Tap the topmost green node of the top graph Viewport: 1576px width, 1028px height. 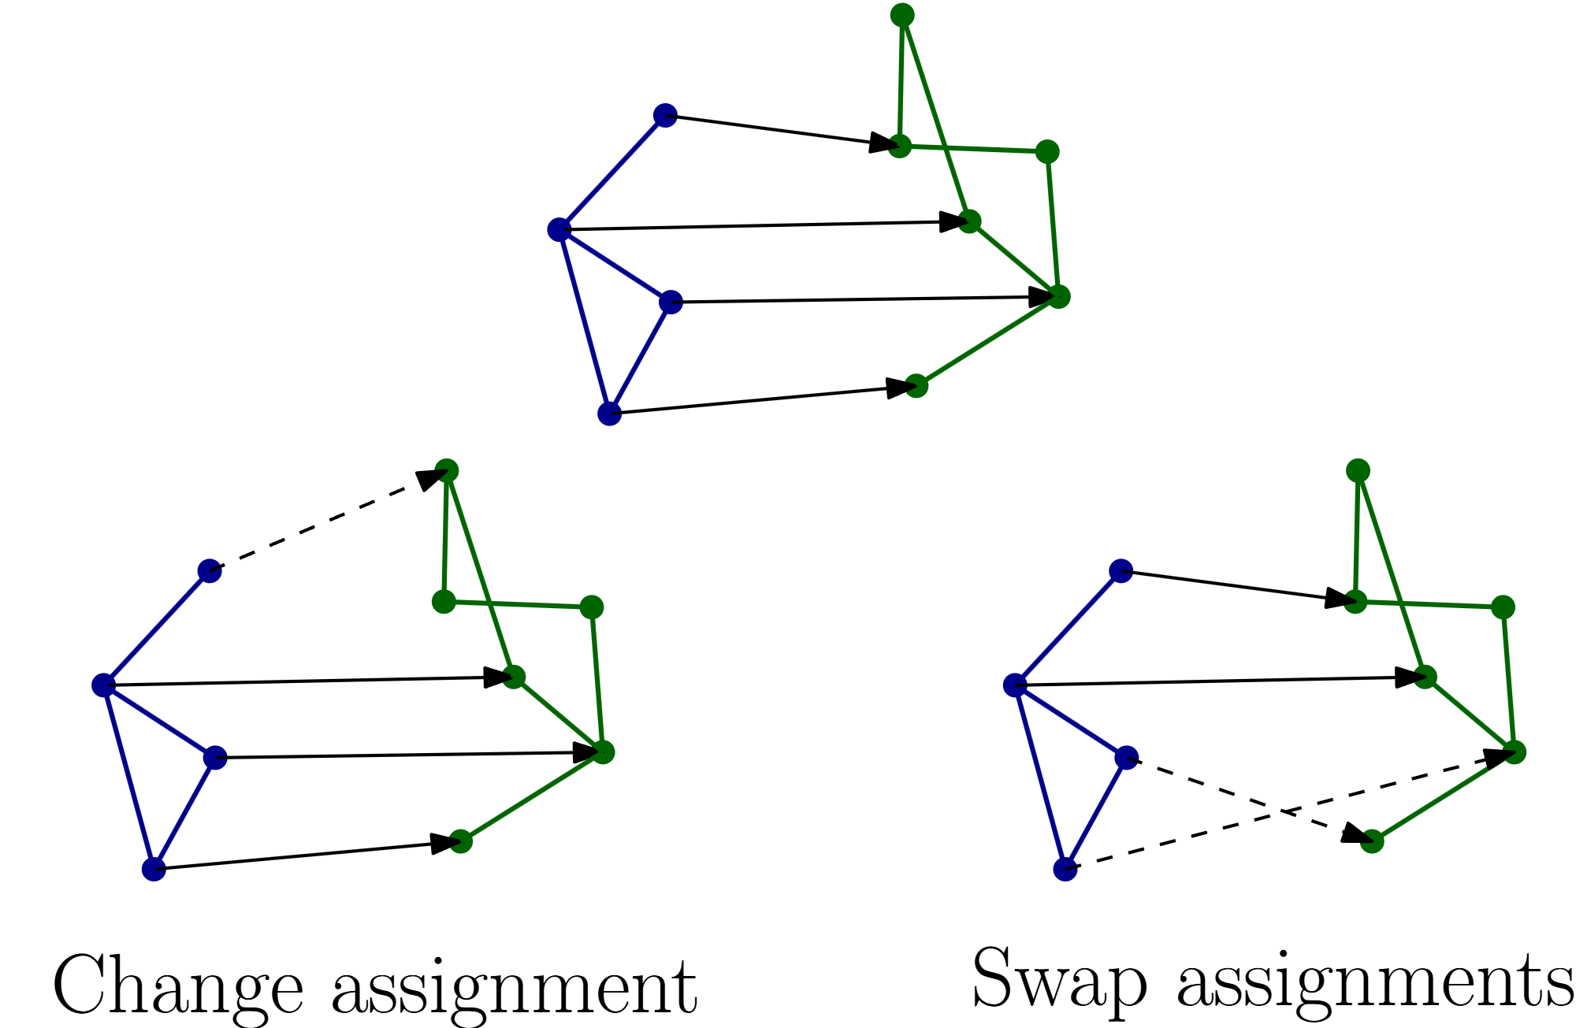pyautogui.click(x=901, y=15)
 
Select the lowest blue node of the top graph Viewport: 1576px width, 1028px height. pyautogui.click(x=609, y=414)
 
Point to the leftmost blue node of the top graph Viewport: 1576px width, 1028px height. pyautogui.click(x=559, y=230)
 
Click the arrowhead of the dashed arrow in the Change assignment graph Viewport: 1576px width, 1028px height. pyautogui.click(x=431, y=478)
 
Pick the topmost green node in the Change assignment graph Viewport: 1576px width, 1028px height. pyautogui.click(x=447, y=471)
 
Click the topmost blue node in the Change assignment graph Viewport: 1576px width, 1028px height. pyautogui.click(x=210, y=571)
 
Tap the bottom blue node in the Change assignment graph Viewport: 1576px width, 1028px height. pyautogui.click(x=154, y=870)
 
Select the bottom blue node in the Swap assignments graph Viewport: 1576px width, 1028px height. pyautogui.click(x=1065, y=870)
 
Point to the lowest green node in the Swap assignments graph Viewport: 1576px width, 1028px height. pyautogui.click(x=1372, y=841)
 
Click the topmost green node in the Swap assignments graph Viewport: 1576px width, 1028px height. pyautogui.click(x=1358, y=471)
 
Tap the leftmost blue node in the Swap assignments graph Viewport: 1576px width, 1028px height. pyautogui.click(x=1015, y=685)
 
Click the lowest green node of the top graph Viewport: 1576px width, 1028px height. pyautogui.click(x=916, y=386)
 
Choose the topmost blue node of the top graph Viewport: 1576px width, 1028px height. pyautogui.click(x=665, y=115)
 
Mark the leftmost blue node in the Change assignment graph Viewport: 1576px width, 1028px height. pyautogui.click(x=103, y=685)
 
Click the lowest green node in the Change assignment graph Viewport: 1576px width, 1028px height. pyautogui.click(x=461, y=841)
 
